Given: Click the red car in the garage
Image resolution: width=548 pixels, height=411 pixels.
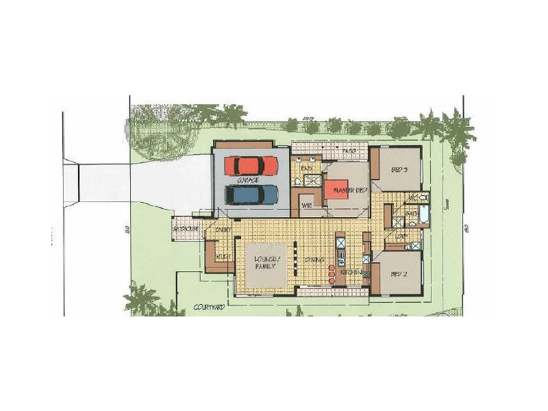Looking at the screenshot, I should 251,166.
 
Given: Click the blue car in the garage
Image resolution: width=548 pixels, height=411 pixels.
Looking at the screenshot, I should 251,195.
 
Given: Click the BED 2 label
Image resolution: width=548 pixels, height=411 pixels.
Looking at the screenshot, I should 399,273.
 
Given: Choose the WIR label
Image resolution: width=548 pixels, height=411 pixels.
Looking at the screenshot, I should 307,204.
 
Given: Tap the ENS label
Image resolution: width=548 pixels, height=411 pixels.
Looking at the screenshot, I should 307,167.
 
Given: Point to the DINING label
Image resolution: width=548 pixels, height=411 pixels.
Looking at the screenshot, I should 315,260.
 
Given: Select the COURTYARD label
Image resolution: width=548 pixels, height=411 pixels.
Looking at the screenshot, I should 208,308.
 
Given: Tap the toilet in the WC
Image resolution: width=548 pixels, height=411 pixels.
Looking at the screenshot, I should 424,198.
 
